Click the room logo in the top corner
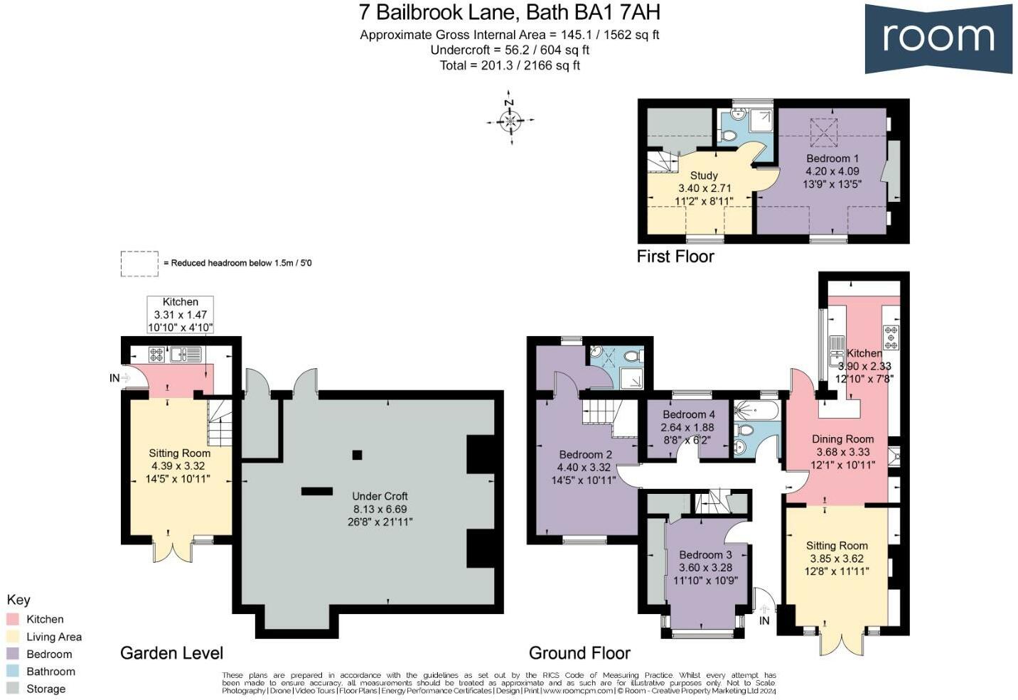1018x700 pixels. click(x=938, y=38)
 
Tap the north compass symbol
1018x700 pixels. click(x=510, y=120)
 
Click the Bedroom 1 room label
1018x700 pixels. click(x=832, y=158)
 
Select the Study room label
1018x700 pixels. click(x=704, y=176)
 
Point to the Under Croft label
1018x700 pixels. click(x=380, y=496)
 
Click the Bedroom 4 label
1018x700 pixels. click(x=688, y=414)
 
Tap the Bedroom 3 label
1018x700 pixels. click(x=704, y=554)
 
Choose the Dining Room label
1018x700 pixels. click(x=842, y=439)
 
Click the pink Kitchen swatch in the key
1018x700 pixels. click(x=13, y=619)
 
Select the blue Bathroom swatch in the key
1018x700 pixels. click(x=13, y=671)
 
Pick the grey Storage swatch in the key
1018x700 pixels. click(x=13, y=688)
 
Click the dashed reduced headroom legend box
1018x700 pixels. click(x=139, y=263)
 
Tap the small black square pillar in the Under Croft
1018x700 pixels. click(x=357, y=455)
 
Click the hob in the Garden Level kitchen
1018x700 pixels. click(x=157, y=354)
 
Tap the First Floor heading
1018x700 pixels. click(x=675, y=257)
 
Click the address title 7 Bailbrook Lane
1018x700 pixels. click(x=509, y=12)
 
